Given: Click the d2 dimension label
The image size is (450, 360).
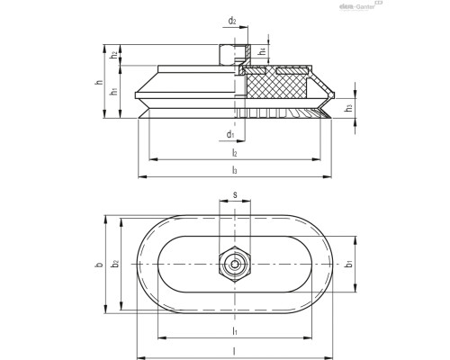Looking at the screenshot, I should point(232,20).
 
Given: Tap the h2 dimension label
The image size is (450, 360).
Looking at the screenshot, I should point(114,55).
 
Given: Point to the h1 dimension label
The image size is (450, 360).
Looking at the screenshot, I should point(114,90).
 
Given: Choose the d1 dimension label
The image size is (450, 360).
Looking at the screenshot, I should point(231,135).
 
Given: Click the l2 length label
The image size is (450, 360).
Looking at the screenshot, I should point(233,153).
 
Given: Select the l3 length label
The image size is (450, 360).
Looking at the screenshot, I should point(233,169).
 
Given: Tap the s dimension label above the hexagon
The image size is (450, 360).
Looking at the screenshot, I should point(234,193).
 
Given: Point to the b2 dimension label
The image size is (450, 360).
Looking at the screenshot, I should point(114,264).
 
